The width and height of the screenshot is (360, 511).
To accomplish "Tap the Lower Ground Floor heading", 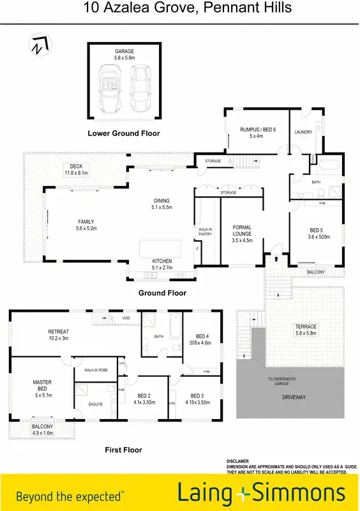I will [x=124, y=133].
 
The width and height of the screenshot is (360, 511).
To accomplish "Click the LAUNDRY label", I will [x=303, y=132].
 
